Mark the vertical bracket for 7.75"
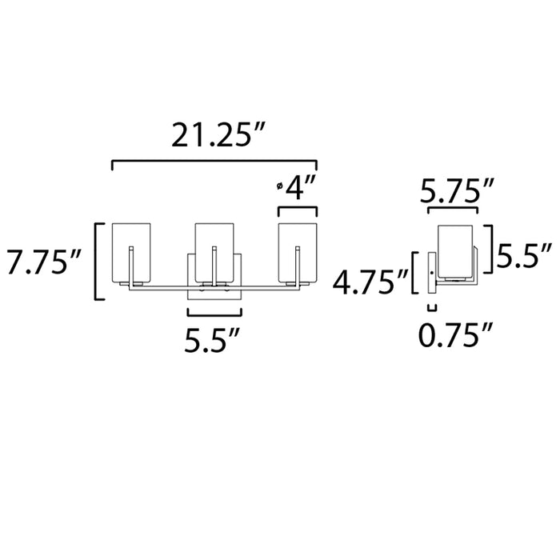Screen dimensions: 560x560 [x=98, y=262]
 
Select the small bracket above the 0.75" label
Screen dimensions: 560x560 [x=433, y=308]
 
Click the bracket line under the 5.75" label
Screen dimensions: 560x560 [x=454, y=210]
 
